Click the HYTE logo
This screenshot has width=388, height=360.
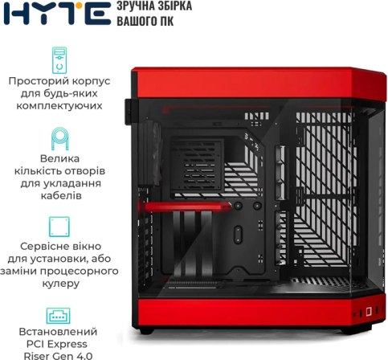click(x=57, y=14)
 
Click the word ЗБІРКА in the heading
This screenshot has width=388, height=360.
click(x=174, y=6)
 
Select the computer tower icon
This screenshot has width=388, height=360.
click(x=59, y=60)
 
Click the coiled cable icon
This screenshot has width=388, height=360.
click(x=59, y=139)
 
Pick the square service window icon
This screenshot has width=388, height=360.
click(x=59, y=227)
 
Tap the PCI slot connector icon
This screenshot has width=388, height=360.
click(x=59, y=316)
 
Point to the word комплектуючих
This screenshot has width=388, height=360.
click(x=59, y=106)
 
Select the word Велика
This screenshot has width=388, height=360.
click(x=59, y=158)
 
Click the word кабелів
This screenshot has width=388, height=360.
click(x=61, y=195)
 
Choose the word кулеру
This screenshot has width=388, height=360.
click(x=61, y=284)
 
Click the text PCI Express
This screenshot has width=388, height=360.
click(x=57, y=344)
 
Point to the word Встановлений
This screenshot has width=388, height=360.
click(x=58, y=332)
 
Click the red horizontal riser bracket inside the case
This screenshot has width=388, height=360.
click(x=185, y=207)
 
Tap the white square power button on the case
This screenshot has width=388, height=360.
click(x=369, y=311)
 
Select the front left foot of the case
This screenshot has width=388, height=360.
click(x=146, y=330)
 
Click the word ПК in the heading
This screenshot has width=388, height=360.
click(x=167, y=21)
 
